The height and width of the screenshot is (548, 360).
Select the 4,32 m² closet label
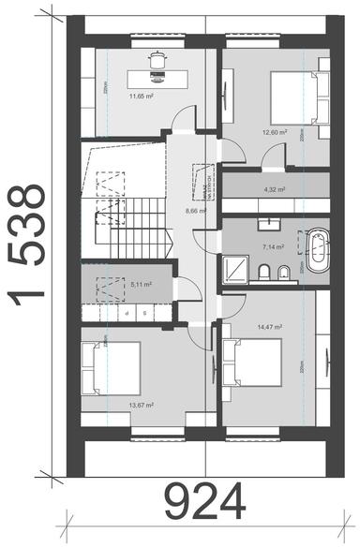[x=275, y=189]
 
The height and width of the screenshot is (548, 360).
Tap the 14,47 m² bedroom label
[x=269, y=327]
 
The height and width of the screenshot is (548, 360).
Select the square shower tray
[x=240, y=271]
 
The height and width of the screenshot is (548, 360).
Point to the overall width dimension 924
[x=205, y=503]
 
